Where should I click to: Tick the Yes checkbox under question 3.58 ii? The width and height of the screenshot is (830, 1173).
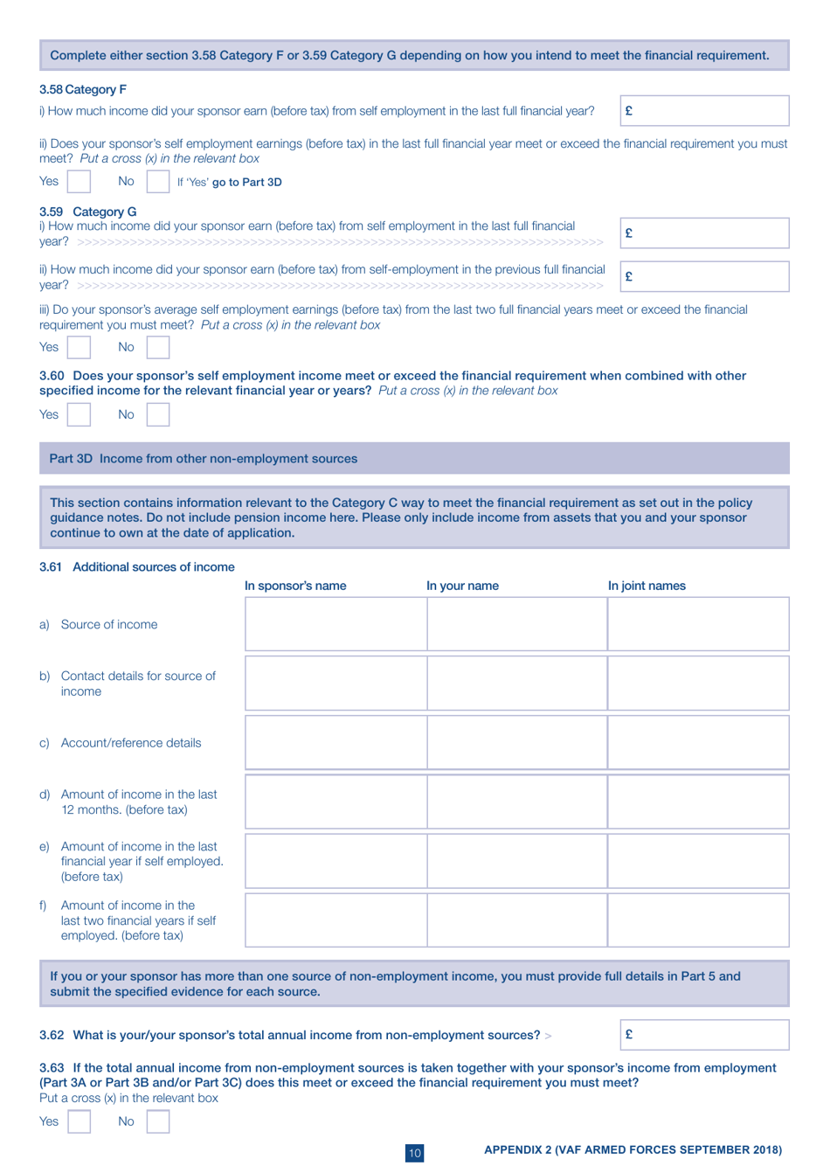tap(79, 181)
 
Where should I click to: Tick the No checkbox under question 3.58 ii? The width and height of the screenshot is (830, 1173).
tap(158, 181)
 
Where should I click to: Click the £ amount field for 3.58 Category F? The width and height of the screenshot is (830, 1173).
tap(704, 111)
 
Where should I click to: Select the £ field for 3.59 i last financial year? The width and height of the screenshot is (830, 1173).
tap(704, 233)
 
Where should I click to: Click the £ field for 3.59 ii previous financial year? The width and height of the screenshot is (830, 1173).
tap(704, 276)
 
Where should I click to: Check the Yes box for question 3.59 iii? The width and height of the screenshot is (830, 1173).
tap(79, 347)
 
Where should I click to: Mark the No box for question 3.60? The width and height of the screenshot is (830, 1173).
tap(158, 414)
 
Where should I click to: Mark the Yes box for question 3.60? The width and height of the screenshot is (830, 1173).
tap(79, 414)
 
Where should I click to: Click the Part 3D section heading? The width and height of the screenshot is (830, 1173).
tap(203, 459)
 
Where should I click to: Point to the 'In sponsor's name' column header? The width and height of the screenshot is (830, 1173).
tap(295, 586)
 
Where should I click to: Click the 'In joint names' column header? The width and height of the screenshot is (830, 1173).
tap(647, 586)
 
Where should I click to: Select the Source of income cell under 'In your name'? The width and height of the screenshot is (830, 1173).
tap(516, 624)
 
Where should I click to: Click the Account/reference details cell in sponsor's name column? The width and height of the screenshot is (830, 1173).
tap(335, 743)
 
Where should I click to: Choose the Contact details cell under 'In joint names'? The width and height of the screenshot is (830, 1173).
tap(698, 684)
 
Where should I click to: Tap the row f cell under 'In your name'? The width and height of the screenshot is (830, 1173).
tap(516, 920)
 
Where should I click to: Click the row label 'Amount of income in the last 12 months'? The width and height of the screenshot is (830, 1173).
tap(138, 802)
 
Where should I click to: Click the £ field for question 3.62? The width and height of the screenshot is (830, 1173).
tap(704, 1034)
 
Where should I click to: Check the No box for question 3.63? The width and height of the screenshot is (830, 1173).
tap(158, 1121)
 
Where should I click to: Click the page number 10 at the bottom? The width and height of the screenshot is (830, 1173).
tap(415, 1153)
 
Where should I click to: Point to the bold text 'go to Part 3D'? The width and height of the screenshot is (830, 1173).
tap(246, 182)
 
